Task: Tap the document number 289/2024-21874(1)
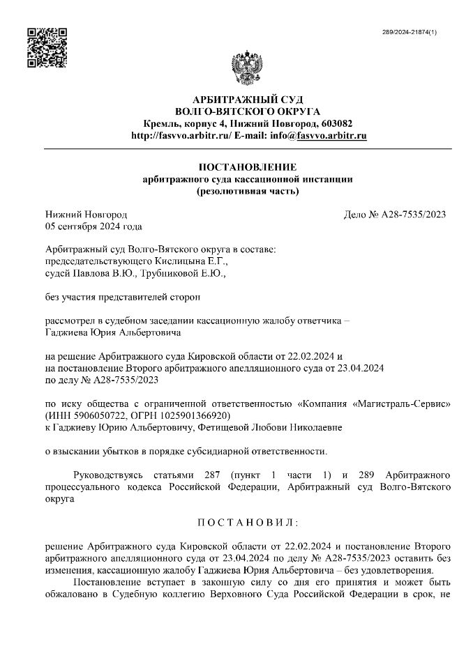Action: (411, 33)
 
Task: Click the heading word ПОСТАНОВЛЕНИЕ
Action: (247, 167)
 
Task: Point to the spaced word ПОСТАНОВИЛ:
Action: (247, 522)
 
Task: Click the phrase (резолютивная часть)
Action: (247, 191)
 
